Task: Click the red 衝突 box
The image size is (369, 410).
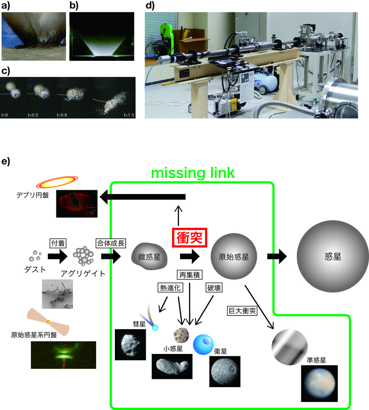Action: pos(189,237)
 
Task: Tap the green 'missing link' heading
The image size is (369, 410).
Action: pos(193,173)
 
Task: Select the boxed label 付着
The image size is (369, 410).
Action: pos(58,243)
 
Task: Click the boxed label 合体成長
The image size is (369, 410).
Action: pos(111,243)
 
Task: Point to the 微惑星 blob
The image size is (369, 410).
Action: pos(149,257)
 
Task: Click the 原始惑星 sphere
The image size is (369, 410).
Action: pos(234,257)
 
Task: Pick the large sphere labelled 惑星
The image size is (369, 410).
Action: pos(333,256)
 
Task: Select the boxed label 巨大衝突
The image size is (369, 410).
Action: pos(242,311)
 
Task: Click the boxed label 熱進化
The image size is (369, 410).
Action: pos(170,287)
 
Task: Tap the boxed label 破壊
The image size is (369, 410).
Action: pos(214,287)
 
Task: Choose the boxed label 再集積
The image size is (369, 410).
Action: pos(189,275)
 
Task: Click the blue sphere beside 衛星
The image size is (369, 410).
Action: pos(203,344)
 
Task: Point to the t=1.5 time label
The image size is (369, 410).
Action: pos(129,115)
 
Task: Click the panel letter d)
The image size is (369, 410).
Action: pos(150,5)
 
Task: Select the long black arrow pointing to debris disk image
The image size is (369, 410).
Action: pos(143,197)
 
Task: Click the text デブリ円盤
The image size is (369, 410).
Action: pos(33,195)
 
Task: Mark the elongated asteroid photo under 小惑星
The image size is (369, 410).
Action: pos(172,366)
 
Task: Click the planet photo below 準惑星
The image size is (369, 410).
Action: pos(319,383)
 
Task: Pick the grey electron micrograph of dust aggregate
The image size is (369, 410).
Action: pos(58,294)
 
